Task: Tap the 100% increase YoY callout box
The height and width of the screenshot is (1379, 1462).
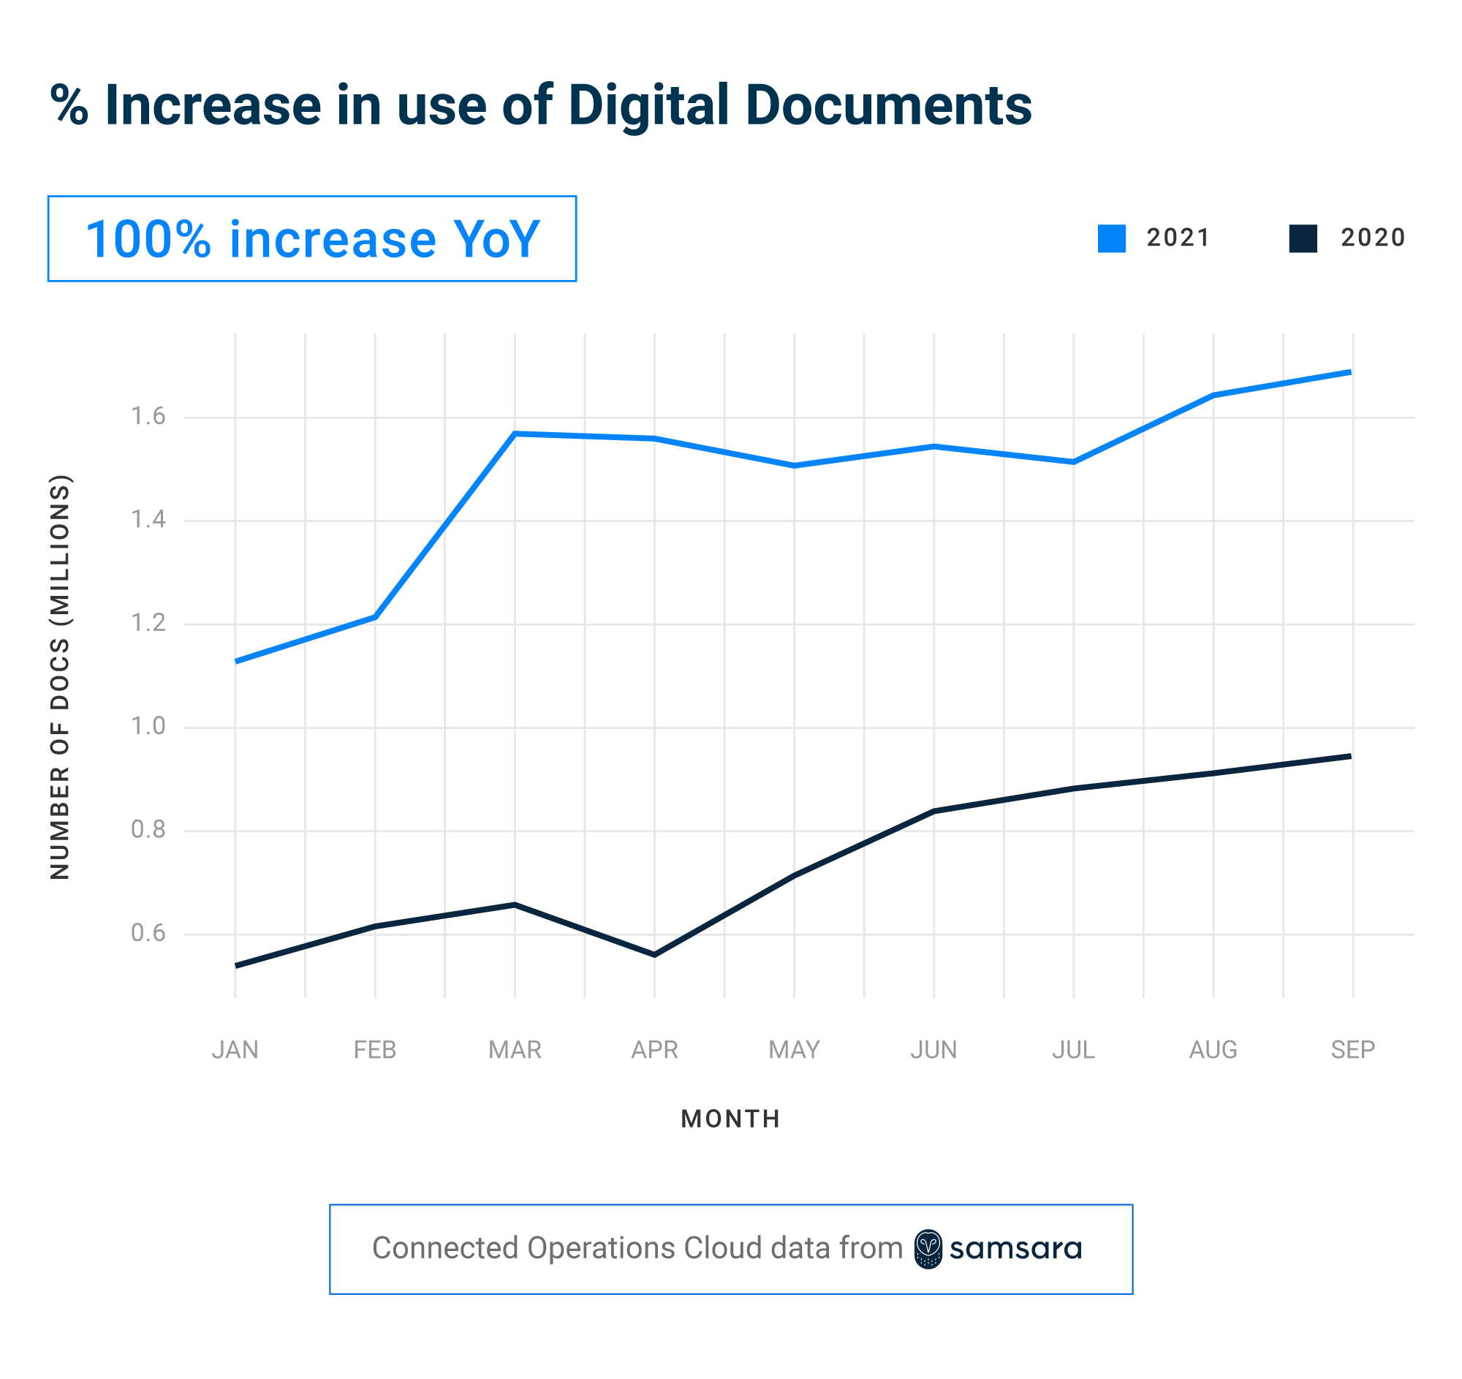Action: click(x=312, y=239)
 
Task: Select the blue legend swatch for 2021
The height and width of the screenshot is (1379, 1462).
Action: click(x=1111, y=238)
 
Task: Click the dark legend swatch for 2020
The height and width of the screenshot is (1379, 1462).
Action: click(x=1303, y=238)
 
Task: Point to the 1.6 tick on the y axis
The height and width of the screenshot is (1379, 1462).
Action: click(x=148, y=417)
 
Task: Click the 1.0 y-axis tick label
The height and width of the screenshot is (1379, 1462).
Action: click(x=148, y=727)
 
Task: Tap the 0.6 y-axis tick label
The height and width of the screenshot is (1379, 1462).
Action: click(x=148, y=933)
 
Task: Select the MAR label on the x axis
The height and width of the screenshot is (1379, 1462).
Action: click(x=515, y=1049)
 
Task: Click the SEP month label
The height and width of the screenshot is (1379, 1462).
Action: click(x=1352, y=1049)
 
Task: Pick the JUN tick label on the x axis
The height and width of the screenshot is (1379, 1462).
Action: click(x=933, y=1049)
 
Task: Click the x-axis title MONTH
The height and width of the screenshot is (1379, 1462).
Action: click(x=730, y=1119)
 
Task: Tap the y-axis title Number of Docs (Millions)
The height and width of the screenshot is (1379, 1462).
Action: click(x=60, y=676)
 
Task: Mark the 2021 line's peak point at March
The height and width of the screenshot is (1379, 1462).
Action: click(x=515, y=434)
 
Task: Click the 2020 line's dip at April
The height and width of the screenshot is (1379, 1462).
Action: click(x=654, y=955)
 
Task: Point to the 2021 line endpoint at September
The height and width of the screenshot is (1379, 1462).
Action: click(x=1349, y=372)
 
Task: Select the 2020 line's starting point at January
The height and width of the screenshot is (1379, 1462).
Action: click(x=237, y=965)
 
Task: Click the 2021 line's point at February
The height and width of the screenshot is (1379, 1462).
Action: click(x=375, y=617)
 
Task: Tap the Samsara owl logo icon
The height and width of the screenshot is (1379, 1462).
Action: click(x=928, y=1249)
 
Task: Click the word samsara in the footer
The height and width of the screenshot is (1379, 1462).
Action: click(x=1015, y=1249)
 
